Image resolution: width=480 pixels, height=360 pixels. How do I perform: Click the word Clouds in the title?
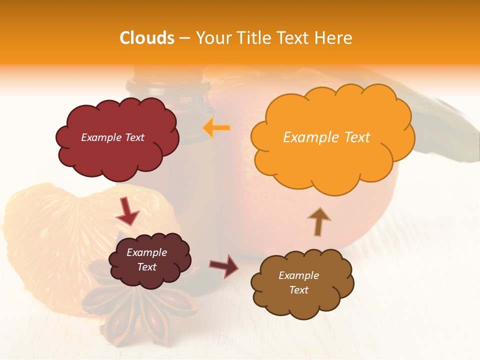[x=147, y=38]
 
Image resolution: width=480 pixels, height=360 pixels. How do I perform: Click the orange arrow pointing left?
[x=216, y=128]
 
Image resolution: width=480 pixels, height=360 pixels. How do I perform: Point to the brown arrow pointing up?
[x=318, y=221]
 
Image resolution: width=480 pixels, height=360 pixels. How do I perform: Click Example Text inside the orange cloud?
[x=326, y=137]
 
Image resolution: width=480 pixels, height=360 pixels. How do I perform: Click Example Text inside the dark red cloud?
[x=112, y=137]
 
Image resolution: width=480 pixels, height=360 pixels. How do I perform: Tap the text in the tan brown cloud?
[x=298, y=282]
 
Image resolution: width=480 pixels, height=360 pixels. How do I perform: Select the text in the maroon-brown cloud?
[x=146, y=259]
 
